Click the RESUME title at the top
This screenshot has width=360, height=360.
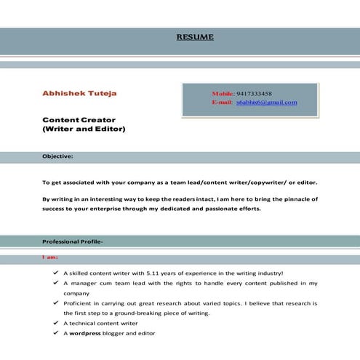pos(195,37)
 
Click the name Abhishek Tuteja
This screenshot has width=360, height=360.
pos(79,94)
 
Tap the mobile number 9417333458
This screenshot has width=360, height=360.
pos(254,94)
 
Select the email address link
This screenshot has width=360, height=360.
pos(267,103)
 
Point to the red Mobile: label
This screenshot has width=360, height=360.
pos(223,94)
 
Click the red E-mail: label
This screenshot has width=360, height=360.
pos(222,103)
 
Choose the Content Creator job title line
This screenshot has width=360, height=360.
pos(79,119)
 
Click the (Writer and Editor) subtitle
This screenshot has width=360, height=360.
pos(84,129)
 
